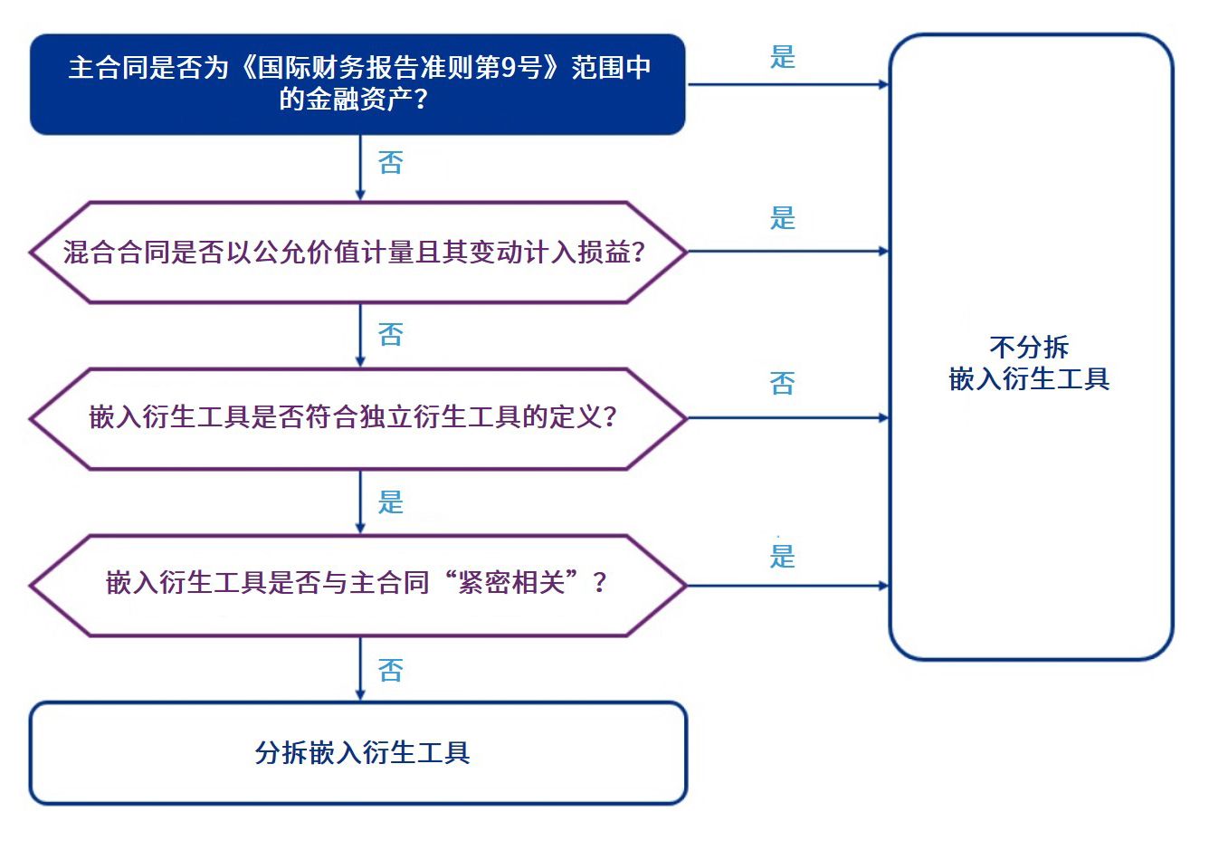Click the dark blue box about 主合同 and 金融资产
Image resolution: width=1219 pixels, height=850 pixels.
point(357,84)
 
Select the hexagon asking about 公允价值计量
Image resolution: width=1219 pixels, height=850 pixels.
point(357,252)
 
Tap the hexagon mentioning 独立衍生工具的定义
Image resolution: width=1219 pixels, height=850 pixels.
point(357,417)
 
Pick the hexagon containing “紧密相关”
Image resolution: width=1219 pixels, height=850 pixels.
point(357,584)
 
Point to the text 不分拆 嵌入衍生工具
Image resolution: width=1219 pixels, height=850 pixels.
point(1029,363)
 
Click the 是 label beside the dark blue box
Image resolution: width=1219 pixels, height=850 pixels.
point(783,57)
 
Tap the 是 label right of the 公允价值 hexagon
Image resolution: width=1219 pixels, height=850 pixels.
point(783,218)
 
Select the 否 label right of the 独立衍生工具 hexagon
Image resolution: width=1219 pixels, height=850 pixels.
point(783,384)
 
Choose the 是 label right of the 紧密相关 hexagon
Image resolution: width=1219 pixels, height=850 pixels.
point(783,556)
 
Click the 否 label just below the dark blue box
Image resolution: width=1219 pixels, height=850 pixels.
point(391,163)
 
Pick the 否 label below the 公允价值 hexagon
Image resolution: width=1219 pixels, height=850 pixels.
point(391,335)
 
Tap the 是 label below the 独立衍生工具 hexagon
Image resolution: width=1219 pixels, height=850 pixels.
point(391,502)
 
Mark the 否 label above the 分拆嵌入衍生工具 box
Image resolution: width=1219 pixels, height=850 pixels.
point(391,671)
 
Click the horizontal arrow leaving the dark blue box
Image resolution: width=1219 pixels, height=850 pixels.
point(787,85)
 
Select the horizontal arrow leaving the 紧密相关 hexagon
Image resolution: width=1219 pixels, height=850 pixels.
point(787,586)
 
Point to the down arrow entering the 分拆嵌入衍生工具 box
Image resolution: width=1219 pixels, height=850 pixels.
point(360,669)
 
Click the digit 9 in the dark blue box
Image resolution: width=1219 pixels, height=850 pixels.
point(509,68)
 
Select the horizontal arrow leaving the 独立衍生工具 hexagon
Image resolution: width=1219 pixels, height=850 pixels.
point(787,418)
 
